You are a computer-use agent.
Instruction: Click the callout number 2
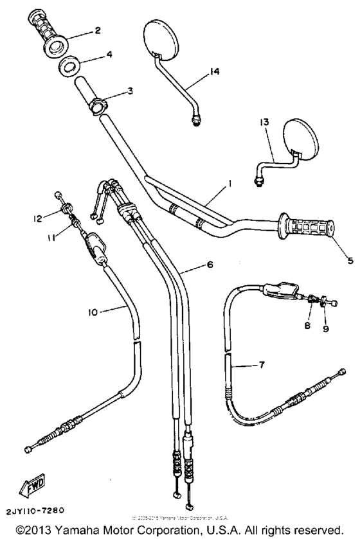(x=98, y=30)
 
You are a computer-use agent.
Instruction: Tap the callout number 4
(x=109, y=55)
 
